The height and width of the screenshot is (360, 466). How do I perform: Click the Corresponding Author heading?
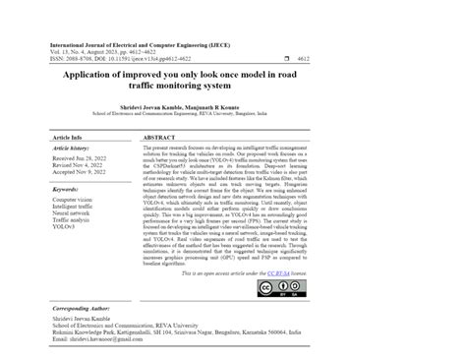click(87, 308)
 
